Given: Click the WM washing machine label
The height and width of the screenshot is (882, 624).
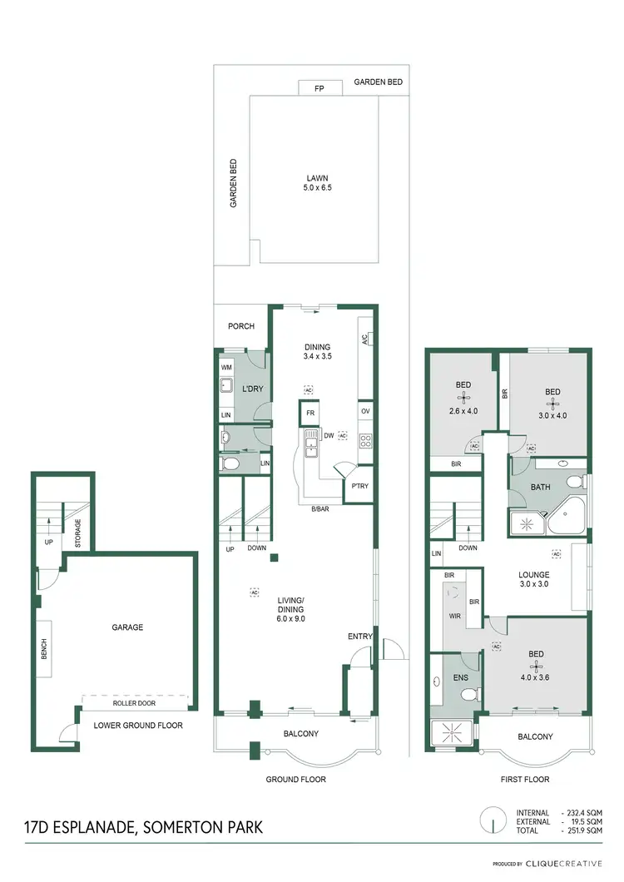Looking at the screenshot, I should (226, 367).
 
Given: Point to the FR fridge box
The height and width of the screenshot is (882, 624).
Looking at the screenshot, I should (310, 413).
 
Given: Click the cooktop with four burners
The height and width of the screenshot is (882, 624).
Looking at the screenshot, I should (365, 440).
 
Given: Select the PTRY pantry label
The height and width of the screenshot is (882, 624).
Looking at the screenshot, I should (360, 486).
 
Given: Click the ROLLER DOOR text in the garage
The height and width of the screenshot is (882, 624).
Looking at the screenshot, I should (135, 702).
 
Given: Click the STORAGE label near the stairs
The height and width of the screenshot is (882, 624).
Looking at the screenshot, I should (78, 530).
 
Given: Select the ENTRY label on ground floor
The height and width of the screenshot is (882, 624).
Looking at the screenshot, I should (359, 637).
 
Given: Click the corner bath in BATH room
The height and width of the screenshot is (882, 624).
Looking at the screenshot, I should (568, 519).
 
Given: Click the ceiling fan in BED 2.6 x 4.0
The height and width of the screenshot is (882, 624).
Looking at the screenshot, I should (463, 399).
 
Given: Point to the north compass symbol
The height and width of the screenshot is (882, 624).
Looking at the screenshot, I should (494, 821).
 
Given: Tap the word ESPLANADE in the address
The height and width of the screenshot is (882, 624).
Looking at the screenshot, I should (96, 827).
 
